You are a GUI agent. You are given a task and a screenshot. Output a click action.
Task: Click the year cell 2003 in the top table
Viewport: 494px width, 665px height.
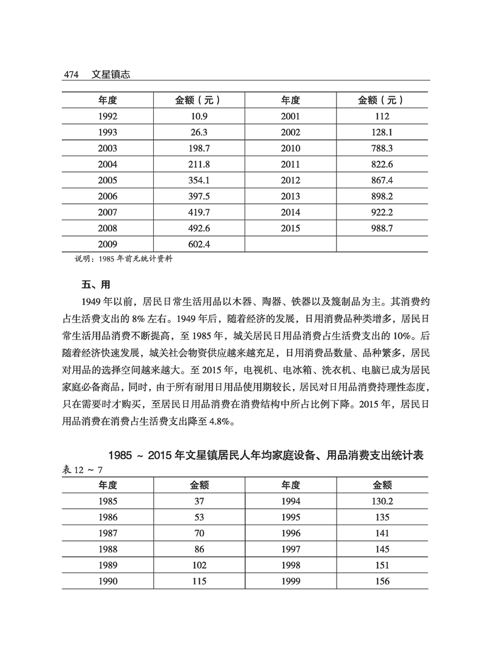pyautogui.click(x=107, y=148)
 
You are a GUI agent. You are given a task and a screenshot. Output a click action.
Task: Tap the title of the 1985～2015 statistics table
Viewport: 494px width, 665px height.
pyautogui.click(x=265, y=456)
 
